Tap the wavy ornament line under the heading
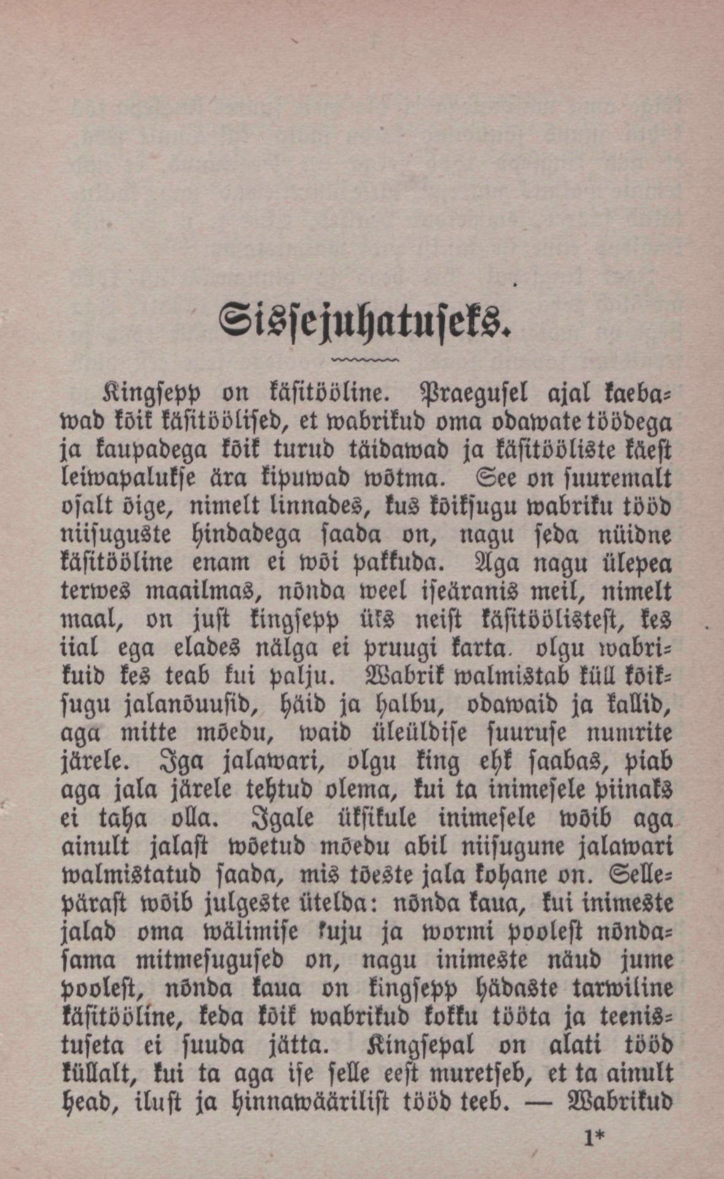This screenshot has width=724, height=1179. (364, 359)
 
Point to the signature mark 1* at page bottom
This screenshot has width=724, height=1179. (594, 1138)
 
